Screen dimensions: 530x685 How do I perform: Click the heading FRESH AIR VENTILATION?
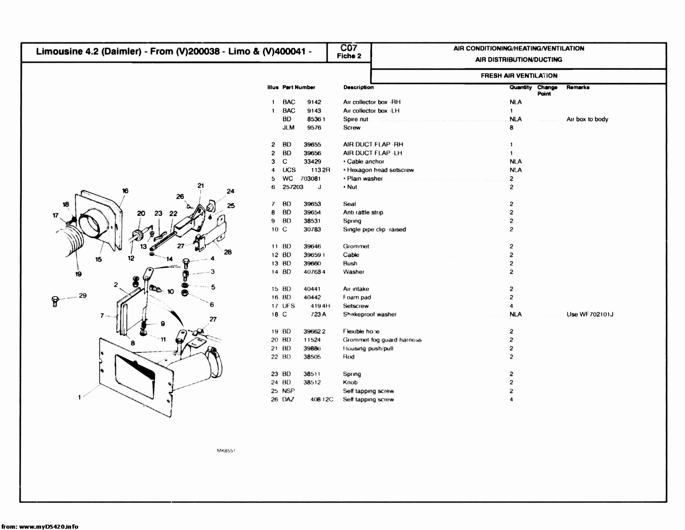coord(519,76)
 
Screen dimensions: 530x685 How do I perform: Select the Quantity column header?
coord(520,87)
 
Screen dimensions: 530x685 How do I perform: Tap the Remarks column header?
coord(578,87)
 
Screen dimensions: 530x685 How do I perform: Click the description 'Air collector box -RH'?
coord(372,102)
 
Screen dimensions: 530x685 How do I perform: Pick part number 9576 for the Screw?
coord(314,128)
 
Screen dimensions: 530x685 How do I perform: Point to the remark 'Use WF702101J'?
coord(590,314)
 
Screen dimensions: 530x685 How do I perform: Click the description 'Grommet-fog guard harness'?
coord(382,340)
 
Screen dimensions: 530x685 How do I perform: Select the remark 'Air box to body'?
coord(587,119)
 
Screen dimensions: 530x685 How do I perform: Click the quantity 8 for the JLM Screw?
coord(511,128)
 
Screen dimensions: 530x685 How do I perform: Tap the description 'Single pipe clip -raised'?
coord(374,229)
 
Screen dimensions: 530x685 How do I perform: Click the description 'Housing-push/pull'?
coord(368,348)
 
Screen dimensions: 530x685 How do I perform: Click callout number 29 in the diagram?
coord(83,295)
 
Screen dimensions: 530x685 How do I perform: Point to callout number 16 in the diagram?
coord(125,191)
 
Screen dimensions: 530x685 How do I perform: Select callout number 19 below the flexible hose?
coord(78,274)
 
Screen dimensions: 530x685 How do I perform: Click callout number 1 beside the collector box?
coord(80,397)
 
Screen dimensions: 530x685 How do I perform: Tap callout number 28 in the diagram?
coord(228,252)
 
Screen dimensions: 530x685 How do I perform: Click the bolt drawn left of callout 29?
coord(55,301)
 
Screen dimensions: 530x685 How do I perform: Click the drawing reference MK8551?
coord(225,451)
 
